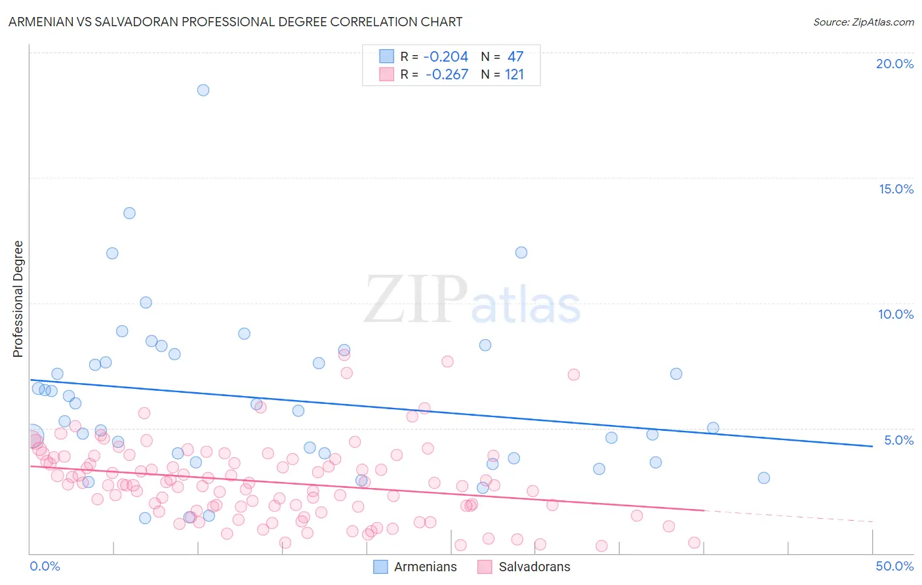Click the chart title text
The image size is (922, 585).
235,22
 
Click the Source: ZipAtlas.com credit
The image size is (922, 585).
863,22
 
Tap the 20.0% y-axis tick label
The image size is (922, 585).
894,64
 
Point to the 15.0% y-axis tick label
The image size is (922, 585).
896,189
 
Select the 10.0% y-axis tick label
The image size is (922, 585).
896,314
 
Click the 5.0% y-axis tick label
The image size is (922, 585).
898,440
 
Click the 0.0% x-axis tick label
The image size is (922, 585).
45,566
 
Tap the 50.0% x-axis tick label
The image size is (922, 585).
894,566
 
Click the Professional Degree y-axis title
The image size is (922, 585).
18,299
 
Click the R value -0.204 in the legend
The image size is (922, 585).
446,56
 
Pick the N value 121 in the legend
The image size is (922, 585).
514,74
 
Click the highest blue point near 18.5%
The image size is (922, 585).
203,90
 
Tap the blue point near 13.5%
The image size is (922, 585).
129,213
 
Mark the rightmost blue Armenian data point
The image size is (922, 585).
763,477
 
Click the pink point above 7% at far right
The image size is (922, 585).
574,374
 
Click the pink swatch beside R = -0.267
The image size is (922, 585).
387,74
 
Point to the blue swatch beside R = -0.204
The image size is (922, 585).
387,56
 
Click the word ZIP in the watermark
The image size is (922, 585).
416,300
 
